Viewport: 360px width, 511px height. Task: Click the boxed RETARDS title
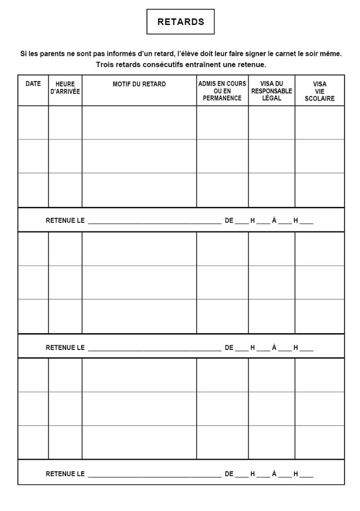181,22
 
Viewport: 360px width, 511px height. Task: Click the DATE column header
33,84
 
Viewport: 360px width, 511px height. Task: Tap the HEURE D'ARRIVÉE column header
65,87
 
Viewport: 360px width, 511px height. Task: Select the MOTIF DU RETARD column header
139,84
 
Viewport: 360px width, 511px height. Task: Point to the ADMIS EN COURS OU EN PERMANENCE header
222,91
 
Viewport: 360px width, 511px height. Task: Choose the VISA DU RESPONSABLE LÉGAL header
272,91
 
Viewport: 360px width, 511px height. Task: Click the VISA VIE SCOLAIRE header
320,91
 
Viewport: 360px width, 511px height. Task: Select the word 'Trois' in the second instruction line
105,65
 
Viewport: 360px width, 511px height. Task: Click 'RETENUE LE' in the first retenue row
65,220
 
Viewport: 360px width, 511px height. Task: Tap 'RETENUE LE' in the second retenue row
65,348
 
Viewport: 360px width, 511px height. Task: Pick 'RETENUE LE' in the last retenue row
65,474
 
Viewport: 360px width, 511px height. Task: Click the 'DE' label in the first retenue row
229,220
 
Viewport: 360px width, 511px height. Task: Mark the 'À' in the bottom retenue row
274,474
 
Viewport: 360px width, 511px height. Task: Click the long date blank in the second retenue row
155,349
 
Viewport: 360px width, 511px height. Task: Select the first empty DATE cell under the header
33,122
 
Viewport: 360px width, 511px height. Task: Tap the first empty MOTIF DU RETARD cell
139,122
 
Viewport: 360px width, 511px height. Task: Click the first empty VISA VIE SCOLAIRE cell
320,122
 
